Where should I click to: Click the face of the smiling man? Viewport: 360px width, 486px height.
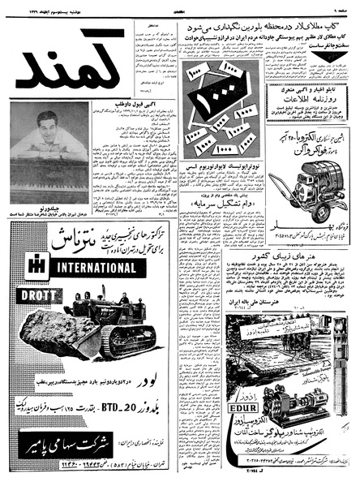pyautogui.click(x=48, y=124)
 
